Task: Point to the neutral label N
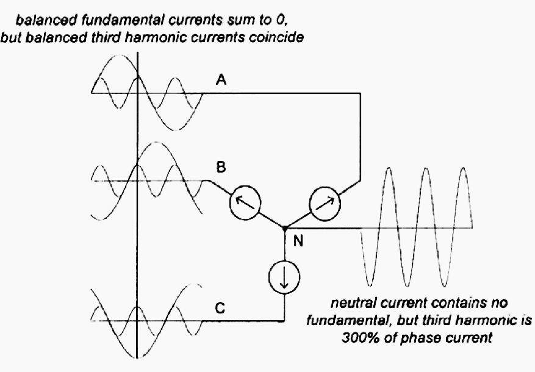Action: [x=298, y=241]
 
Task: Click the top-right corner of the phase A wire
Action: [x=361, y=93]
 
